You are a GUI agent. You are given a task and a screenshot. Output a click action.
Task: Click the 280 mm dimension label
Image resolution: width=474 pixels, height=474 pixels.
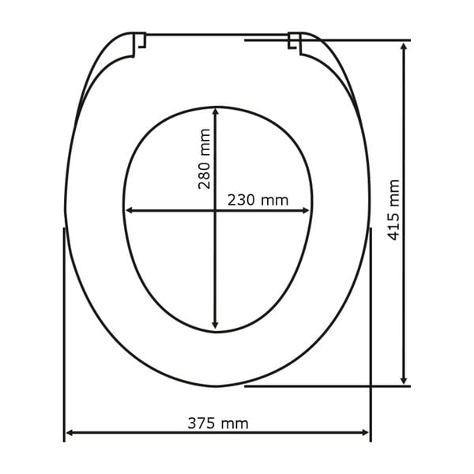point(205,159)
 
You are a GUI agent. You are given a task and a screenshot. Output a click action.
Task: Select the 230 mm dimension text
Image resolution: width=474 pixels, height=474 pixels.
point(258,200)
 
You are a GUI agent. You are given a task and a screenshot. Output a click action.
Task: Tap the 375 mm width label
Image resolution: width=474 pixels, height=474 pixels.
point(217,423)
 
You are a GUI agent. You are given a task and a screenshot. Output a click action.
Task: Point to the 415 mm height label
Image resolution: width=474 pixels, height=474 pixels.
point(394,210)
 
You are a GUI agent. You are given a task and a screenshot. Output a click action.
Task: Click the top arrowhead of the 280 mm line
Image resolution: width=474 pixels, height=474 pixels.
point(216,111)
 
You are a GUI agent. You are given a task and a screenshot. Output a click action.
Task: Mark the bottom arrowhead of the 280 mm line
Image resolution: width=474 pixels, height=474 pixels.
point(216,326)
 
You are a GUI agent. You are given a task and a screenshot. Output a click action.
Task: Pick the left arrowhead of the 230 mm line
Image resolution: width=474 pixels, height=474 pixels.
point(130,211)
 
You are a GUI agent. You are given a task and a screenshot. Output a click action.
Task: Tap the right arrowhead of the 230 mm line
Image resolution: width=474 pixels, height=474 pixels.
point(307,211)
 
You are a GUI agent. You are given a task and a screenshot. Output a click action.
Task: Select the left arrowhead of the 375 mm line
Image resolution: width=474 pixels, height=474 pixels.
point(70,433)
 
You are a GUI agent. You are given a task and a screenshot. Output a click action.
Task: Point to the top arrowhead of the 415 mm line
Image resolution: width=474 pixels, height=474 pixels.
point(404,47)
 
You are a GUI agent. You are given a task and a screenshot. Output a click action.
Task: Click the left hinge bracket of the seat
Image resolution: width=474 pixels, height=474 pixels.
point(139,43)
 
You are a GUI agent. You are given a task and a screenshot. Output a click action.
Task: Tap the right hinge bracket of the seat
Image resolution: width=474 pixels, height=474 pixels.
point(295,43)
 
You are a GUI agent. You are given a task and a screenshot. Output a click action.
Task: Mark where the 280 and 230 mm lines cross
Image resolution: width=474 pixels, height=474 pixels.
point(216,211)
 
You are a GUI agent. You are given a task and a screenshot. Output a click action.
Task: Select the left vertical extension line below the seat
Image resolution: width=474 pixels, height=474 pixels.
point(63,332)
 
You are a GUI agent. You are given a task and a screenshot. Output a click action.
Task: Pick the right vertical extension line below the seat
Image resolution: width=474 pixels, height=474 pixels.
point(371,332)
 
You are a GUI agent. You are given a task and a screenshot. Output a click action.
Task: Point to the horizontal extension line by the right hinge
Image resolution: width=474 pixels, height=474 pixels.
point(355,39)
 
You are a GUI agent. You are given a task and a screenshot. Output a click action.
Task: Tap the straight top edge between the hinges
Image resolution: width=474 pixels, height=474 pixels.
point(217,34)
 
